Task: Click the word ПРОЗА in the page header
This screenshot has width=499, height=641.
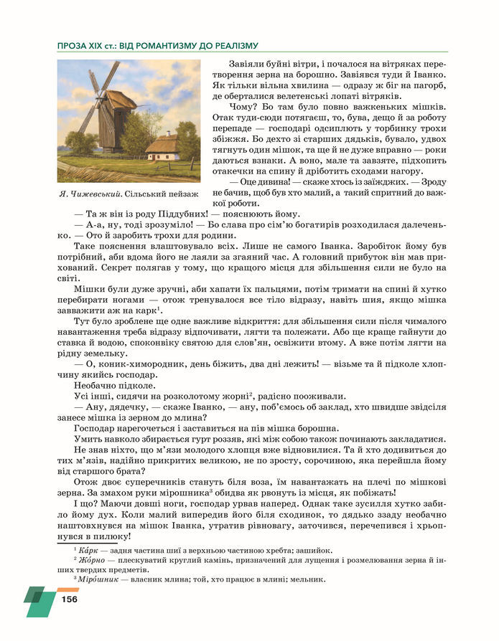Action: coord(75,46)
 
